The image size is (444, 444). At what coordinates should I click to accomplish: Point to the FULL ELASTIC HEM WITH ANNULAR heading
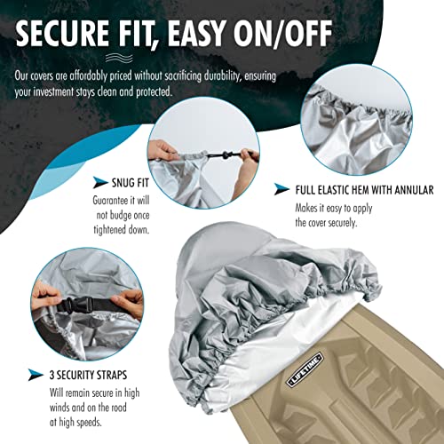click(364, 189)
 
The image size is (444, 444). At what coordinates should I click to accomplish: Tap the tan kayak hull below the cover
click(373, 391)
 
